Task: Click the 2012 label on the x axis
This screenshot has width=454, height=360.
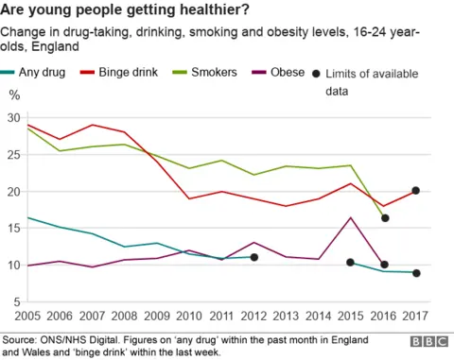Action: click(x=253, y=314)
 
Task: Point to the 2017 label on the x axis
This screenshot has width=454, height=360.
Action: click(x=414, y=314)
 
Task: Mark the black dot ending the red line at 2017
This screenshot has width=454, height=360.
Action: click(x=415, y=190)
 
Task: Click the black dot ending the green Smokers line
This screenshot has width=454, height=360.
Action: click(x=384, y=218)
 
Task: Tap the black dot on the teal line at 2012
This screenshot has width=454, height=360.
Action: click(x=254, y=257)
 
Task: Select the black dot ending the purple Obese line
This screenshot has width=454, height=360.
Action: click(x=384, y=265)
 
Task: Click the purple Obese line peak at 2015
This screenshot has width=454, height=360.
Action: click(x=351, y=217)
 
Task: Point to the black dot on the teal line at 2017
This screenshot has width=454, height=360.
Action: click(x=415, y=273)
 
